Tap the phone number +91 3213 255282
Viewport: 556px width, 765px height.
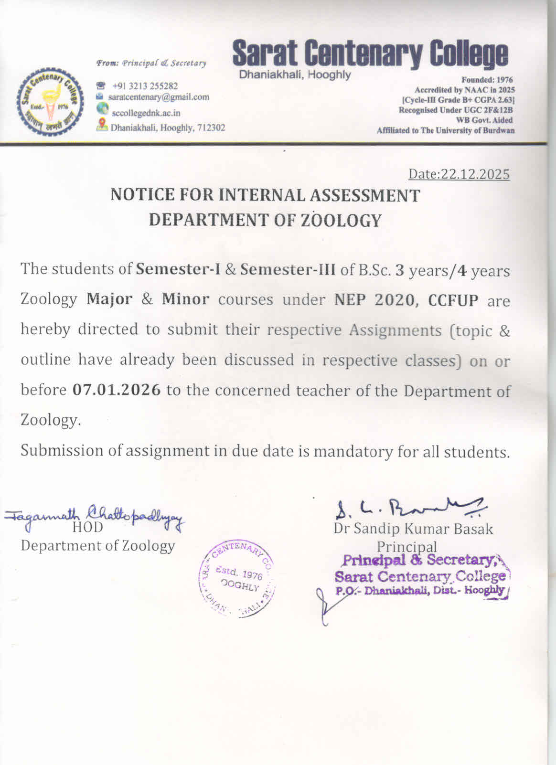click(145, 86)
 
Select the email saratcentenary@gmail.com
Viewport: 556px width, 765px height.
click(159, 97)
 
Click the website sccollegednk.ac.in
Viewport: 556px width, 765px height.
click(146, 113)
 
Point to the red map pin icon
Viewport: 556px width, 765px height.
click(102, 125)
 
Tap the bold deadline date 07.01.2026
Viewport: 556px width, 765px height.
click(117, 390)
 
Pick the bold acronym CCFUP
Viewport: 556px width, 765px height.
click(453, 300)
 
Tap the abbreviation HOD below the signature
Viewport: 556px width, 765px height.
click(87, 528)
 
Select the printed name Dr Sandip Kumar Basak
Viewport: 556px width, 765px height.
click(413, 529)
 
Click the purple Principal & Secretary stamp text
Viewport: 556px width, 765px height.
click(420, 560)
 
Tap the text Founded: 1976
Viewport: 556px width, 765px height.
click(487, 80)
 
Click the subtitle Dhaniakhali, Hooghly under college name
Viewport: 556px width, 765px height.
click(295, 75)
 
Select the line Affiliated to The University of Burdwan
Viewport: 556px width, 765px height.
click(445, 130)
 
